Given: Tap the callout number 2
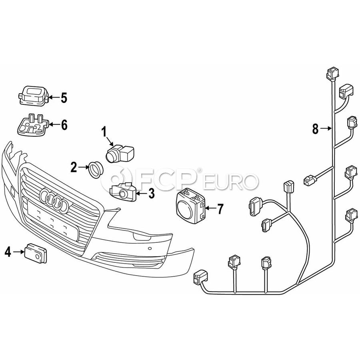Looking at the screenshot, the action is point(74,167).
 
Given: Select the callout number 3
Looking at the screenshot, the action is point(151,193).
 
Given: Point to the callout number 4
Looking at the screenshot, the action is point(8,252).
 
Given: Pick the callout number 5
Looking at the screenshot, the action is point(64,98).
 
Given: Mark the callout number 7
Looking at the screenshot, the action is point(220,209).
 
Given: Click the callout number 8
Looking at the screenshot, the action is point(316,129).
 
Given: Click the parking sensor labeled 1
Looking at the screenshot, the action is point(119,153).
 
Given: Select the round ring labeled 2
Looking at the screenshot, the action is point(96,170).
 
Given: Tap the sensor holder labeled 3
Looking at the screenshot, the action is point(123,191).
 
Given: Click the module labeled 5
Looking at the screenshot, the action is point(33,96).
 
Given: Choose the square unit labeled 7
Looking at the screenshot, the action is point(191,206).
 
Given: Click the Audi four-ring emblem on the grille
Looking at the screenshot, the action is point(54,200).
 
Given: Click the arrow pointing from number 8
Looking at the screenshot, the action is point(326,129).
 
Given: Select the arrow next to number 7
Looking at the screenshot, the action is point(210,208).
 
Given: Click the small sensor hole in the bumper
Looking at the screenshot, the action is point(150,248).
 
